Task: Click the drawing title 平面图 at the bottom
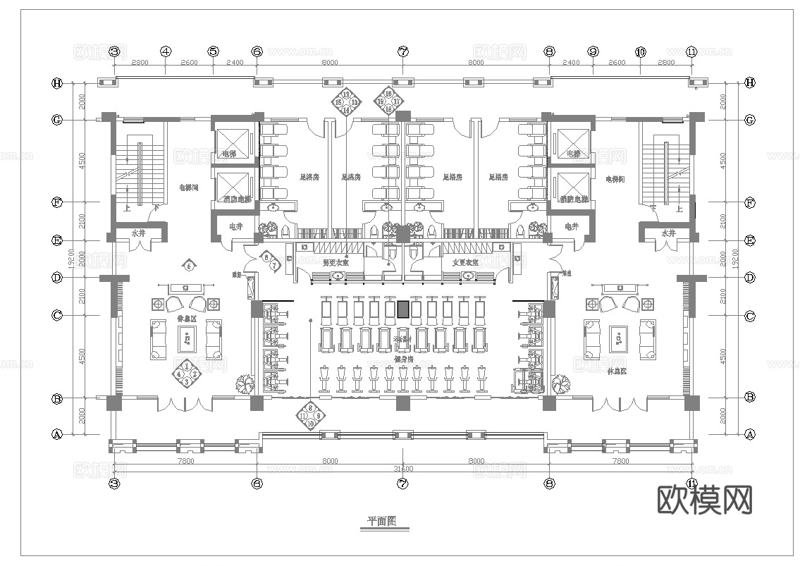pyautogui.click(x=381, y=522)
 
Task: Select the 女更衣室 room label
pyautogui.click(x=465, y=262)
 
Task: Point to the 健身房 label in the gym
pyautogui.click(x=403, y=359)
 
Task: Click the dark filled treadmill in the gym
pyautogui.click(x=402, y=309)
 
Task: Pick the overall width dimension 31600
pyautogui.click(x=402, y=468)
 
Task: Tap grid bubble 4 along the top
pyautogui.click(x=166, y=51)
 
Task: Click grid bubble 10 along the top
pyautogui.click(x=640, y=51)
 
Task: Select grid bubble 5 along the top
pyautogui.click(x=214, y=51)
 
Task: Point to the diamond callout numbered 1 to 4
pyautogui.click(x=186, y=374)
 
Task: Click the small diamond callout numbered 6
pyautogui.click(x=188, y=266)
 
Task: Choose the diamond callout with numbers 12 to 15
pyautogui.click(x=346, y=102)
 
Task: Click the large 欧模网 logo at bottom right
pyautogui.click(x=705, y=500)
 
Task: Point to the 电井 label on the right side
pyautogui.click(x=571, y=227)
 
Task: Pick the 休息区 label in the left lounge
pyautogui.click(x=187, y=319)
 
